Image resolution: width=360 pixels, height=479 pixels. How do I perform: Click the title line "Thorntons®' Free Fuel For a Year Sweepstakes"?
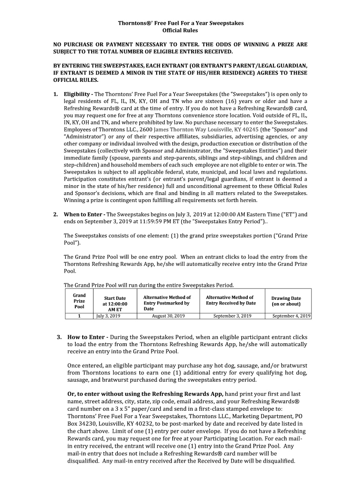[x=180, y=22]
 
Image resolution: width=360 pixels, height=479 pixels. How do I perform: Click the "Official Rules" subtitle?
[x=180, y=30]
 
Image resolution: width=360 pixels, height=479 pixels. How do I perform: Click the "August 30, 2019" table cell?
[x=168, y=316]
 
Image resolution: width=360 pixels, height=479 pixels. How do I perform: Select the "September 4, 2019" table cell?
[x=291, y=316]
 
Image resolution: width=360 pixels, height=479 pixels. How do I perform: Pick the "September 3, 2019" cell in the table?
[x=232, y=316]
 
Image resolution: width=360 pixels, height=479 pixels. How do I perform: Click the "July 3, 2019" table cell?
[x=108, y=316]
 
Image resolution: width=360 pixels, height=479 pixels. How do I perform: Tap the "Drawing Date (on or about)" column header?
[x=286, y=301]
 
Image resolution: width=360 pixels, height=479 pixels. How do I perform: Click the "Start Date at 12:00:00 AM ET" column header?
[x=115, y=304]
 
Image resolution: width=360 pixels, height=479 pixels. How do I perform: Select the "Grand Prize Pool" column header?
[x=79, y=301]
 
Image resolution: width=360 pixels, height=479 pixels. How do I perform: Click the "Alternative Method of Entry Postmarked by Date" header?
[x=167, y=303]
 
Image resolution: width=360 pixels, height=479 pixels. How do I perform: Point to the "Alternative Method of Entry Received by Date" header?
[x=231, y=300]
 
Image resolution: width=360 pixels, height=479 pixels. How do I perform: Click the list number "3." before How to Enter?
[x=59, y=337]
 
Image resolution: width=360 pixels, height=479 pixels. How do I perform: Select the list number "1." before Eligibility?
[x=56, y=94]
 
